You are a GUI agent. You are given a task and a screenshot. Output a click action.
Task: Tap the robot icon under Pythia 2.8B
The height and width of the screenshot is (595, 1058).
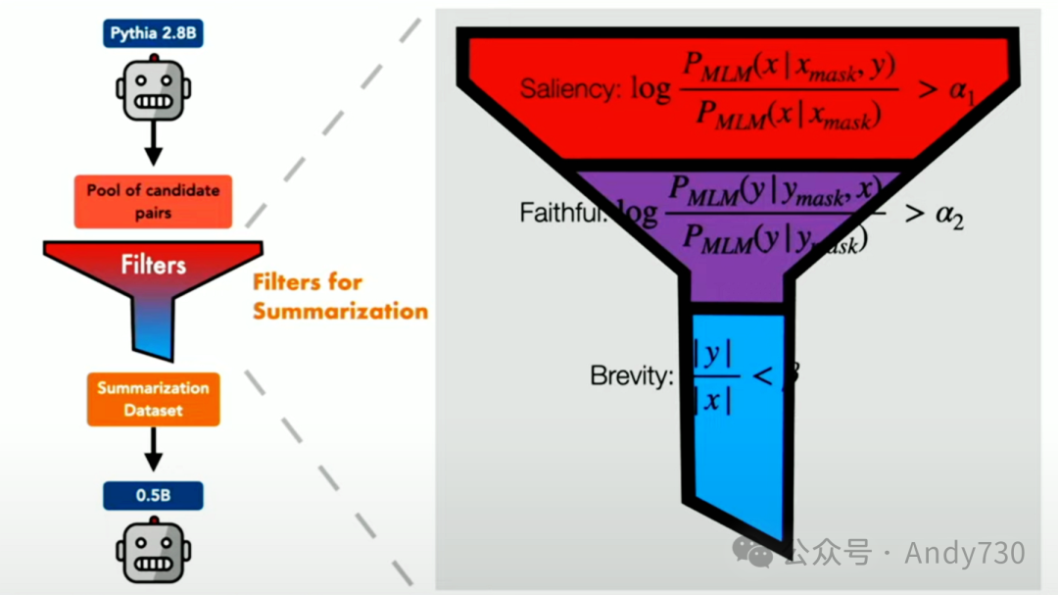pyautogui.click(x=153, y=90)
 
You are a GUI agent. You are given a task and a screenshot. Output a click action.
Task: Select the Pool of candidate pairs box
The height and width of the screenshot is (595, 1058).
pyautogui.click(x=153, y=201)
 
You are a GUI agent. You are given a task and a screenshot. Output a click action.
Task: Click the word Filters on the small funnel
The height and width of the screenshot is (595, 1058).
pyautogui.click(x=153, y=264)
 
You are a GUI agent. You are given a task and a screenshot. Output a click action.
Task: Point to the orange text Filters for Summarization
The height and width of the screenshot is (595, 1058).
pyautogui.click(x=340, y=296)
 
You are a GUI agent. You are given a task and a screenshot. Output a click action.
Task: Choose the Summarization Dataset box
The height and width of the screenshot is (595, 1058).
pyautogui.click(x=153, y=399)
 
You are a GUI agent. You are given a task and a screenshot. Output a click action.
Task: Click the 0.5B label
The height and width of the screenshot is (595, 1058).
pyautogui.click(x=153, y=496)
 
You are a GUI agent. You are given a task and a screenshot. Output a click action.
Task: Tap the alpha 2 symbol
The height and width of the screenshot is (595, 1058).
pyautogui.click(x=947, y=215)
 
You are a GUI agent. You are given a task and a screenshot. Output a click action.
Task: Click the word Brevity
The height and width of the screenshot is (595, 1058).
pyautogui.click(x=631, y=375)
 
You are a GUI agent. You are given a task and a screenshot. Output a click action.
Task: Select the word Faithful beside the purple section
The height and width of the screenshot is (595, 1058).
pyautogui.click(x=561, y=212)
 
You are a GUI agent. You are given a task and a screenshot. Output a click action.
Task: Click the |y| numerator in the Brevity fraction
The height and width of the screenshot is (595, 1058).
pyautogui.click(x=713, y=356)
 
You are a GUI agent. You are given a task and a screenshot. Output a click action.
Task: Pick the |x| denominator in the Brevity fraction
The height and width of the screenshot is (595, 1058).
pyautogui.click(x=713, y=400)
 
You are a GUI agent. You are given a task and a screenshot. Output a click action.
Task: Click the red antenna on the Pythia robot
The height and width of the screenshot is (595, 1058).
pyautogui.click(x=153, y=56)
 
